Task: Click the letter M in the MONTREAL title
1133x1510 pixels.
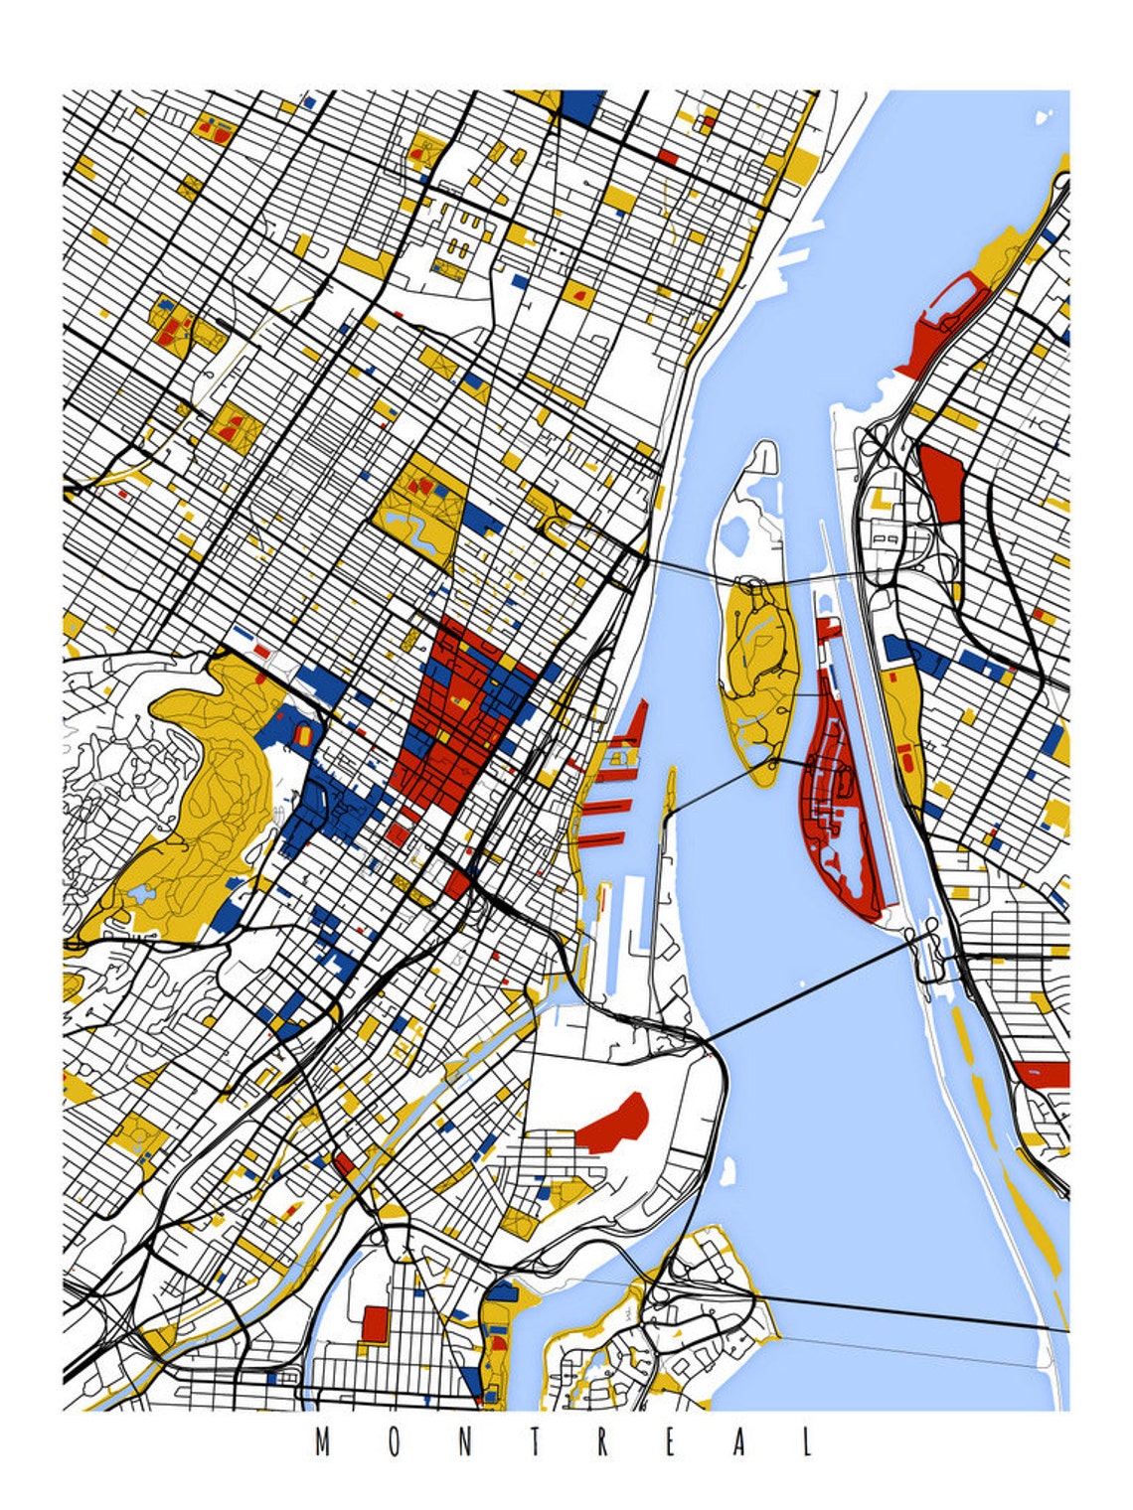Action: (x=322, y=1442)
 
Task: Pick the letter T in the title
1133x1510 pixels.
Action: (x=533, y=1442)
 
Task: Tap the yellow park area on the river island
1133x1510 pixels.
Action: (x=757, y=676)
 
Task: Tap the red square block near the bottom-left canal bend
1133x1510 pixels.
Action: (x=375, y=1323)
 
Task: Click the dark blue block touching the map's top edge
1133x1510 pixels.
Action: (x=582, y=105)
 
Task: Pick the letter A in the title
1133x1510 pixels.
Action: (x=738, y=1442)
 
